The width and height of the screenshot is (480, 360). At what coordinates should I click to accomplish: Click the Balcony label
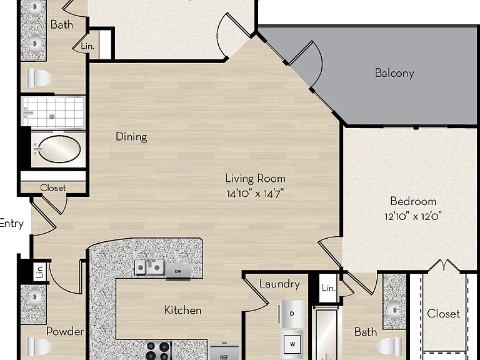pos(394,73)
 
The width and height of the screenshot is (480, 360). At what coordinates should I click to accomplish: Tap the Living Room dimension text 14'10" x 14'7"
pos(255,194)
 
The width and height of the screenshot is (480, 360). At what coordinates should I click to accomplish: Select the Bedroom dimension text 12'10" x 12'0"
pos(413,216)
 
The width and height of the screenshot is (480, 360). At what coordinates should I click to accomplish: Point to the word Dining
pos(131,136)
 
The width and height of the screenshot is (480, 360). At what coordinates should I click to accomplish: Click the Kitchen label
pos(182,310)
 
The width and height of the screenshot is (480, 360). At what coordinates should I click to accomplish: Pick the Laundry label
pos(279,284)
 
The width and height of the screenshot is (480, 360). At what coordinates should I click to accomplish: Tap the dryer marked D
pos(292,314)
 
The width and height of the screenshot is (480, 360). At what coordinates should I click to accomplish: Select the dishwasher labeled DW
pos(178,271)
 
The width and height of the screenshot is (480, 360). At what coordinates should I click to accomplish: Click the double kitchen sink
pos(150,267)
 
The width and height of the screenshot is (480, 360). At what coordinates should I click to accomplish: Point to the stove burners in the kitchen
pos(158,350)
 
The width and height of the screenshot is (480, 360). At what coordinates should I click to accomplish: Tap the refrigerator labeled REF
pos(224,352)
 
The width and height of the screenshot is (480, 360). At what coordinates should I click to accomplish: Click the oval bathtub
pos(58,149)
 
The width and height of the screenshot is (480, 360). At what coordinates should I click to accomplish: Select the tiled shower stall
pos(53,111)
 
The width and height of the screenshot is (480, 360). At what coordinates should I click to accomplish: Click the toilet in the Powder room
pos(38,346)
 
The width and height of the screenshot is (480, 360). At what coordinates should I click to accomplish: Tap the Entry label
pos(12,224)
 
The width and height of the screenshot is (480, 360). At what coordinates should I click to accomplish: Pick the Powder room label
pos(65,331)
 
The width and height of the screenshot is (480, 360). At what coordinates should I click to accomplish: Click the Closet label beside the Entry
pos(53,187)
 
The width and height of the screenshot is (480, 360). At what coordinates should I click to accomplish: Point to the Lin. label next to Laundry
pos(329,288)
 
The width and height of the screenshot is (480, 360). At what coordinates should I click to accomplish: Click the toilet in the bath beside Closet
pos(389,346)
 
